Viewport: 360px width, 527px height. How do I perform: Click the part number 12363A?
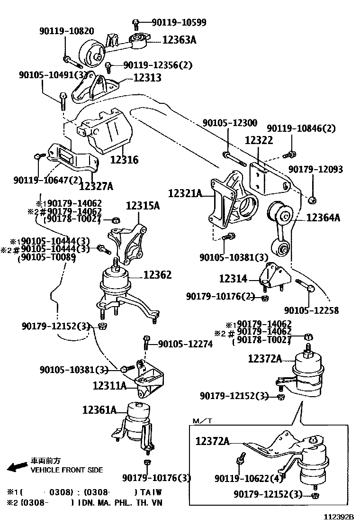(x=179, y=40)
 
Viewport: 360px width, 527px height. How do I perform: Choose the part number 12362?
(x=157, y=275)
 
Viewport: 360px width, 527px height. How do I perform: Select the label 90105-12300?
(x=230, y=123)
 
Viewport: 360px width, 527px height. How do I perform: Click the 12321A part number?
(x=185, y=193)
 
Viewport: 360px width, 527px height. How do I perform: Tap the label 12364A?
(x=324, y=218)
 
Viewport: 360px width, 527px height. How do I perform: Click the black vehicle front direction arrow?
(x=17, y=467)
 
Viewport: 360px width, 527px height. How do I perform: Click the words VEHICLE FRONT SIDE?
(x=66, y=470)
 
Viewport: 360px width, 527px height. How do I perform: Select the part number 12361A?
(x=99, y=409)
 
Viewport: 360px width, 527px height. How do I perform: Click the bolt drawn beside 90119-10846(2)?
(x=289, y=154)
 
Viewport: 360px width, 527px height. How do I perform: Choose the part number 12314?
(x=233, y=279)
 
